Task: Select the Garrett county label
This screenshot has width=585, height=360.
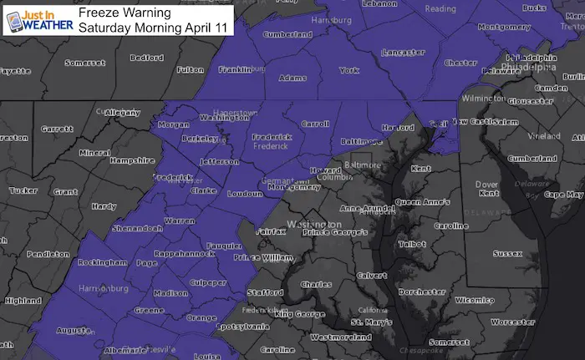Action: (58, 129)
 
